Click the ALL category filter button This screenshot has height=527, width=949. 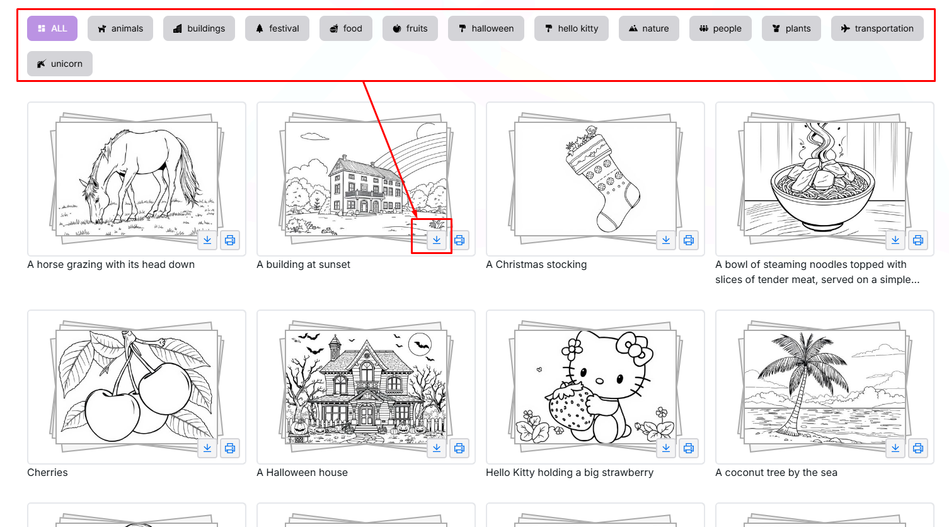point(52,28)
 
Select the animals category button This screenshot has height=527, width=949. point(120,28)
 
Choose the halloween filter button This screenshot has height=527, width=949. point(486,28)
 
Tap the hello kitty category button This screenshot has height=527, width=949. point(571,28)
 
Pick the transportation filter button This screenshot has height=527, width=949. point(877,28)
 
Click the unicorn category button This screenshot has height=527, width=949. point(60,64)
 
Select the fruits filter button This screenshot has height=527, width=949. point(410,28)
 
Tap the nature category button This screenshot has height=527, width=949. point(648,28)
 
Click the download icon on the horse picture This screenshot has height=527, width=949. point(207,240)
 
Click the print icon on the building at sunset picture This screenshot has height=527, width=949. point(459,240)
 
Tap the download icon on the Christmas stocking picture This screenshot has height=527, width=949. point(666,240)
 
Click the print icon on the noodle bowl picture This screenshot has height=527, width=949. point(918,240)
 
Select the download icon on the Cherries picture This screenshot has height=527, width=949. point(207,448)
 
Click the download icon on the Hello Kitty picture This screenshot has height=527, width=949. point(666,448)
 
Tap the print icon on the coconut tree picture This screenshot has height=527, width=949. point(918,448)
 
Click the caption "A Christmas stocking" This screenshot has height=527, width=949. point(536,265)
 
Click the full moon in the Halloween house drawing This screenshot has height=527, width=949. point(420,344)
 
